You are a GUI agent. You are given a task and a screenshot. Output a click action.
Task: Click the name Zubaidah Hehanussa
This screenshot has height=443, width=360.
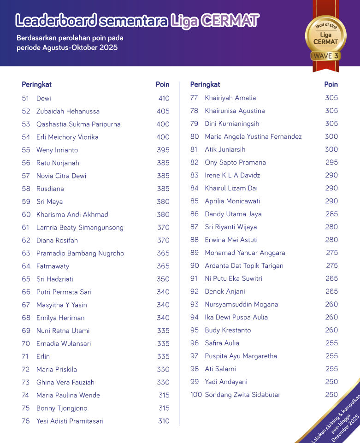point(68,111)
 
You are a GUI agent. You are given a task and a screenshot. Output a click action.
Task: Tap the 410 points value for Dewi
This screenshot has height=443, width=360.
point(164,98)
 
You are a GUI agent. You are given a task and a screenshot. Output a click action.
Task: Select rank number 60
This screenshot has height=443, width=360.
point(26,214)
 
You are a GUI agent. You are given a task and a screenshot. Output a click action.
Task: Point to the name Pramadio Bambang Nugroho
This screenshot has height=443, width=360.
point(80,253)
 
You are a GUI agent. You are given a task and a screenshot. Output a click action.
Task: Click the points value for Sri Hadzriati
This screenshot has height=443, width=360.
point(163,279)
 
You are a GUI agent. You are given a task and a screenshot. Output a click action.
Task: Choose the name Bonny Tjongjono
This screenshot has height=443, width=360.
point(62,408)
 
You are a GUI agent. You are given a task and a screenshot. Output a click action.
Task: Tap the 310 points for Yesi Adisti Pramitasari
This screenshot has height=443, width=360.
point(164,421)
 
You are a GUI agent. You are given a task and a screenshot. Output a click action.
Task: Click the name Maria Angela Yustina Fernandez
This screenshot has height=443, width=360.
point(253,136)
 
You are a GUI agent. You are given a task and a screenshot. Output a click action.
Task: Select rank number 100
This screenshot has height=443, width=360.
point(196,395)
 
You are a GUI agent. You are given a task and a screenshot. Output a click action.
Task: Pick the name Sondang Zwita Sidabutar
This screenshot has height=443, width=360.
point(242,395)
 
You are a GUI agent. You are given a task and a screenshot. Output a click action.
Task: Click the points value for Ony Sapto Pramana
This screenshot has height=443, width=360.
point(331,162)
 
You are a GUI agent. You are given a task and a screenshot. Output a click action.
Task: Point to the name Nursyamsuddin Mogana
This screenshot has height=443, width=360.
point(241,304)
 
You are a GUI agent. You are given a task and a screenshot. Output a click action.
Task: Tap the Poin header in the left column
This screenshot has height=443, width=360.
point(162,84)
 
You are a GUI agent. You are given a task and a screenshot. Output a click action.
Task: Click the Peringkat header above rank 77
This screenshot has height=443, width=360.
point(205,84)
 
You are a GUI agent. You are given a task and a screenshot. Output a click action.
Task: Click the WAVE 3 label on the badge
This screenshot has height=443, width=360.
point(325,56)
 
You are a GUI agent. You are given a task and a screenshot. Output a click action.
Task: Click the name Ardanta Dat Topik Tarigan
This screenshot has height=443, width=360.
point(244,266)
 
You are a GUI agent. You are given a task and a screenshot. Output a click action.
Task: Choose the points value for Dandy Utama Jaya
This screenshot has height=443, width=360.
point(331,214)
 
